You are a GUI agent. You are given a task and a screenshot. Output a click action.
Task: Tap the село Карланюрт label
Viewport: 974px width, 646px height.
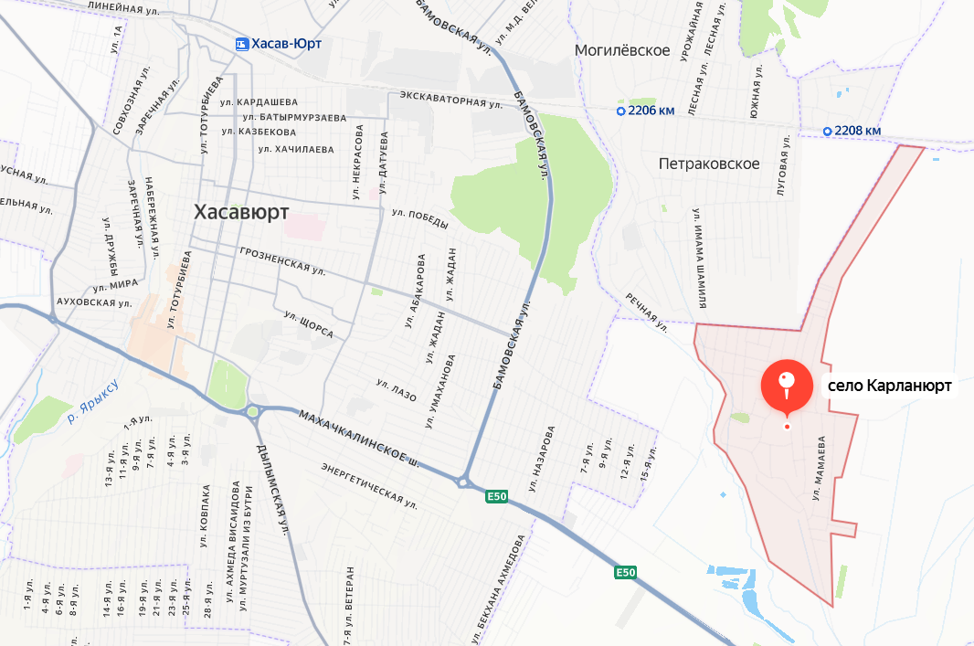click(x=889, y=387)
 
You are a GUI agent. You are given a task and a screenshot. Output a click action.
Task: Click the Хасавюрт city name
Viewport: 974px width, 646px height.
click(x=241, y=212)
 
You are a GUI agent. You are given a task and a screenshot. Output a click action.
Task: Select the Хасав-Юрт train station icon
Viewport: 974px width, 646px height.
click(x=241, y=43)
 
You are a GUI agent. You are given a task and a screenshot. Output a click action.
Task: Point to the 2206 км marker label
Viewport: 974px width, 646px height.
click(x=646, y=111)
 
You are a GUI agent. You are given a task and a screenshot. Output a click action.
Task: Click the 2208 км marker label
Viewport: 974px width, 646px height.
click(x=852, y=131)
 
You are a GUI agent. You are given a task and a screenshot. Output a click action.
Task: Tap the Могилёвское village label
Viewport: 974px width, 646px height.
click(x=623, y=49)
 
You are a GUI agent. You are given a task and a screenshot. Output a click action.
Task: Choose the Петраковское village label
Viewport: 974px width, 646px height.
click(x=709, y=164)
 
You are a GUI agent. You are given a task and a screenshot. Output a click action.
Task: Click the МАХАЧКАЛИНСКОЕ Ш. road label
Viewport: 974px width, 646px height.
click(x=358, y=438)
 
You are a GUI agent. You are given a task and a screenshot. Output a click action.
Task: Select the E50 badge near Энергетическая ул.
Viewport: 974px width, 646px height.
click(x=496, y=496)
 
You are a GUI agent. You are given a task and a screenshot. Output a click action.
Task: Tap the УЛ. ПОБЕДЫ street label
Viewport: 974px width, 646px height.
click(x=420, y=219)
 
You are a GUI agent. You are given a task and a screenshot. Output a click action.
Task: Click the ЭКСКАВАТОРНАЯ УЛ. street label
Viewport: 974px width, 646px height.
click(x=451, y=99)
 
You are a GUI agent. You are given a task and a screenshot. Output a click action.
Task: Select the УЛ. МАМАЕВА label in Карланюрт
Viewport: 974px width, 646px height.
click(x=819, y=467)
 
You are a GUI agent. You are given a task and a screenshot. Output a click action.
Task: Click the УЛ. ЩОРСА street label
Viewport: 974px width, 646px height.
click(x=308, y=324)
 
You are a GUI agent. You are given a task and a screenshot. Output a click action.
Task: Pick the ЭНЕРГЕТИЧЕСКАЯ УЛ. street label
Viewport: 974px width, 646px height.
click(x=369, y=485)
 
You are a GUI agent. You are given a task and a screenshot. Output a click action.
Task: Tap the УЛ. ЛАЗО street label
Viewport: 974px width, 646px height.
click(x=396, y=390)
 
